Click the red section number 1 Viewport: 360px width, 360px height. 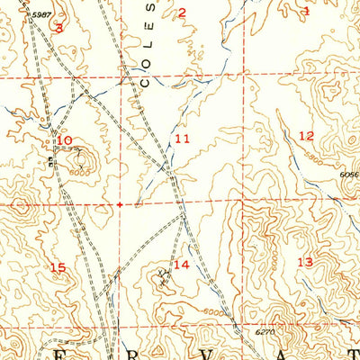(x=305, y=12)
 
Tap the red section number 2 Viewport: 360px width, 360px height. (x=181, y=13)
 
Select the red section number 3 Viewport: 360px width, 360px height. (x=59, y=28)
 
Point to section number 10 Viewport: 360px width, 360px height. (x=64, y=140)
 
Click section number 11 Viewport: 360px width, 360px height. (x=183, y=139)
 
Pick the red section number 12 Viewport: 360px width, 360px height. (x=306, y=136)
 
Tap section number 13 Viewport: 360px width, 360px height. (x=304, y=262)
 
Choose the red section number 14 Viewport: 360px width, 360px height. (x=182, y=265)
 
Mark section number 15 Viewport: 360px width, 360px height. (x=58, y=267)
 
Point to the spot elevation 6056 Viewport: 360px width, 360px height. (x=349, y=175)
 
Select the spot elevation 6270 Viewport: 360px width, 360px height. (x=261, y=332)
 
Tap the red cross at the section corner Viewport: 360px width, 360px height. (x=120, y=204)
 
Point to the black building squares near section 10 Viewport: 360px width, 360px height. (x=51, y=162)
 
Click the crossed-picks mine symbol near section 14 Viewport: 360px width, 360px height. (x=163, y=274)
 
